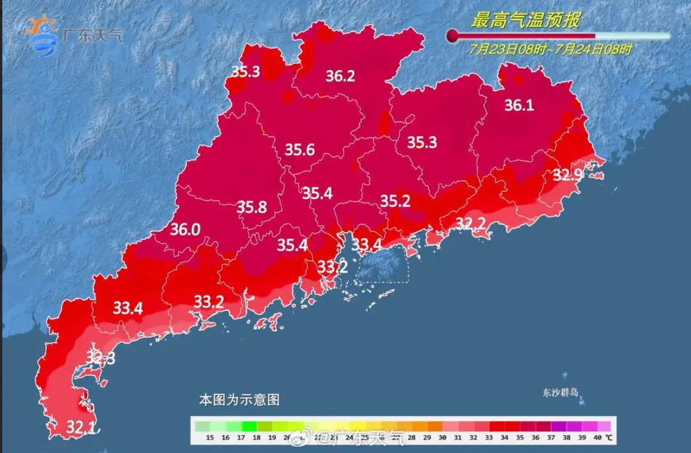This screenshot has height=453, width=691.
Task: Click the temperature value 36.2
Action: tap(340, 77)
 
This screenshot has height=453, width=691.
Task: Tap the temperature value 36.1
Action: tap(519, 106)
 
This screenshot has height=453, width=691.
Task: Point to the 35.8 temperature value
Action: tap(252, 208)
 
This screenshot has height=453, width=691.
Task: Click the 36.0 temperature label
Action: tap(185, 230)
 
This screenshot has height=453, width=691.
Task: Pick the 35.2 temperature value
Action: tap(395, 200)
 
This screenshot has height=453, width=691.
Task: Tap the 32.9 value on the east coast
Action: tap(567, 175)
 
